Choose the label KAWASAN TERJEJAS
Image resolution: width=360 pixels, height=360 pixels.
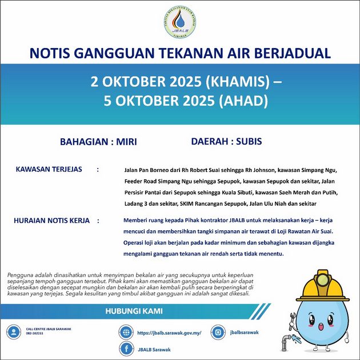point(49,170)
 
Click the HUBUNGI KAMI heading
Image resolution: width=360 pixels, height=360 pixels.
point(134,311)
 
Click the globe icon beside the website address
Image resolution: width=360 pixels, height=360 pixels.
point(126,332)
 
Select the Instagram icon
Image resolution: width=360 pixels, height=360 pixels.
point(218,332)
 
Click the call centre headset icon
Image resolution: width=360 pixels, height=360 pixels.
point(13,332)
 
